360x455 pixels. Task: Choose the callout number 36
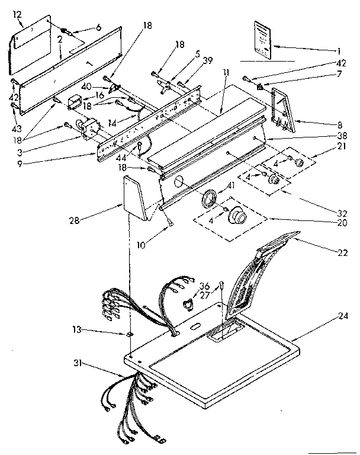coord(205,285)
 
